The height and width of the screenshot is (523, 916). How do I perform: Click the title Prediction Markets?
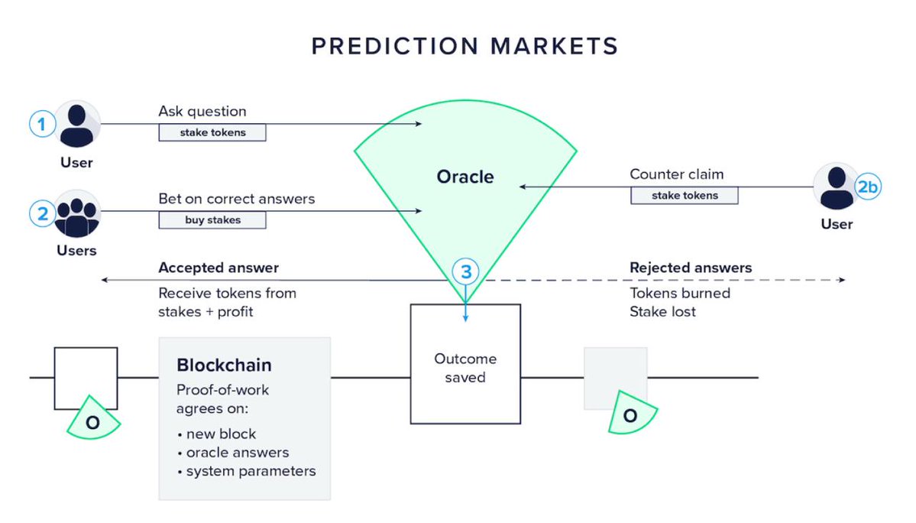pyautogui.click(x=464, y=47)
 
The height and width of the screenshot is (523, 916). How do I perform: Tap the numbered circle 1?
pyautogui.click(x=43, y=124)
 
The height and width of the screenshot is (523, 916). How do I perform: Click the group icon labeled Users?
pyautogui.click(x=77, y=214)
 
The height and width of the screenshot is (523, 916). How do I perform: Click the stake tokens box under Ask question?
pyautogui.click(x=212, y=132)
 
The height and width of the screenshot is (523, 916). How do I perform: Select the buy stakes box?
pyautogui.click(x=212, y=220)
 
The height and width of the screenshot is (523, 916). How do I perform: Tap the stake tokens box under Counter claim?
pyautogui.click(x=685, y=195)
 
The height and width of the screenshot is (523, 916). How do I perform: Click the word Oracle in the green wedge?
pyautogui.click(x=465, y=177)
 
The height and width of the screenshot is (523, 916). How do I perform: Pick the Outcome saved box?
pyautogui.click(x=465, y=364)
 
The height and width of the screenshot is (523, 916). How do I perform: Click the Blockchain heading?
pyautogui.click(x=224, y=365)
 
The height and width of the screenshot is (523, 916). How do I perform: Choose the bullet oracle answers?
pyautogui.click(x=238, y=453)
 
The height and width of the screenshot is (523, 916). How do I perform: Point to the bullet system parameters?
pyautogui.click(x=251, y=471)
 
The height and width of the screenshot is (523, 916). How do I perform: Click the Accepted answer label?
pyautogui.click(x=218, y=268)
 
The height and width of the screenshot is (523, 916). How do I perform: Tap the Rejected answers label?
pyautogui.click(x=691, y=268)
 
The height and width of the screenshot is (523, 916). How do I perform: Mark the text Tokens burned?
pyautogui.click(x=680, y=294)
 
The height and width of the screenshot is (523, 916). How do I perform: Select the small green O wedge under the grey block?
pyautogui.click(x=630, y=414)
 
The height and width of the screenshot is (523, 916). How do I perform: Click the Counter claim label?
pyautogui.click(x=676, y=174)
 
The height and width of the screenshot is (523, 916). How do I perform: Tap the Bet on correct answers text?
pyautogui.click(x=236, y=199)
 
